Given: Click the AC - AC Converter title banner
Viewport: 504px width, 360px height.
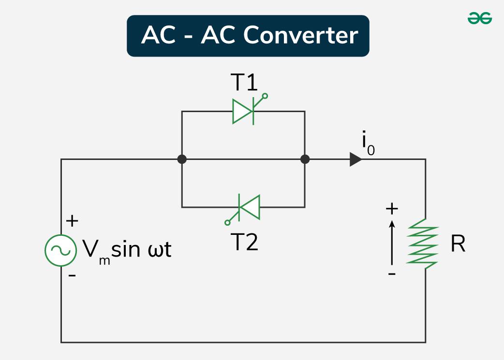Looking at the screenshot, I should point(248,36).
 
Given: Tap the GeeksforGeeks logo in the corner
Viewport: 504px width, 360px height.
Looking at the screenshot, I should point(479,18).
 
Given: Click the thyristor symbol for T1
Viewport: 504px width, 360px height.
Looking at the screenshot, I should point(244,111).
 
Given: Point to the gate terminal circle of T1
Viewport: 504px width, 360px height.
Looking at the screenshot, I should point(265,96).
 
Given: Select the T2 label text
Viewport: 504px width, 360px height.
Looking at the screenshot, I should point(244,242).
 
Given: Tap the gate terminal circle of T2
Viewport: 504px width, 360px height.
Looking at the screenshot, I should point(227,223).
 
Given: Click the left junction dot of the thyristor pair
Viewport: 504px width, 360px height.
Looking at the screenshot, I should point(182,159).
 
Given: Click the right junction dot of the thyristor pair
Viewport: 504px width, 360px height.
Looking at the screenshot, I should point(305,159).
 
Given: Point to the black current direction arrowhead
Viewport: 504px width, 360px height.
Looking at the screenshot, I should point(356,159).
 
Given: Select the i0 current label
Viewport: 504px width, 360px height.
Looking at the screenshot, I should point(368,144).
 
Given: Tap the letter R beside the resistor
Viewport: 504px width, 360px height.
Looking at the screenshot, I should point(458,245).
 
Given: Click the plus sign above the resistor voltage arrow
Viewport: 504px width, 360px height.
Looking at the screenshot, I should point(392,209).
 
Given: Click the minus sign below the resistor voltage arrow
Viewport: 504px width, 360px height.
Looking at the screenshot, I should point(392,274).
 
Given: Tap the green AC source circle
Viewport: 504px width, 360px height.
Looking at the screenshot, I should point(60,250).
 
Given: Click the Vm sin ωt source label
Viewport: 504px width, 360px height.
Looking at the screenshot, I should point(127,250).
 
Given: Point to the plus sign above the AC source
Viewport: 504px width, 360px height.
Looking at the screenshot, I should point(72,221).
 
